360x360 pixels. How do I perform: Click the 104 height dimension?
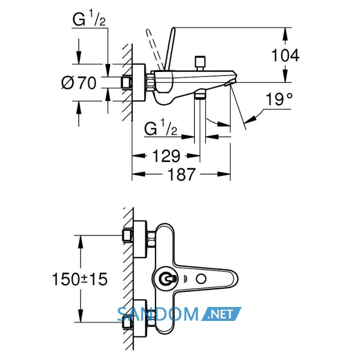pos(285,56)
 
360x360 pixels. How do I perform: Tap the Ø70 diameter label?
pos(79,83)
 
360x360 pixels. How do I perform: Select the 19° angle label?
pos(279,99)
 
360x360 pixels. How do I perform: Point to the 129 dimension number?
pos(166,156)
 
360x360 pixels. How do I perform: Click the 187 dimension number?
pos(182,174)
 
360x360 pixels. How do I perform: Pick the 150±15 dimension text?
pos(80,279)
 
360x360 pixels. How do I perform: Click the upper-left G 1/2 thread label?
pos(89,19)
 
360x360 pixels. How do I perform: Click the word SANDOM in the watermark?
pos(158,314)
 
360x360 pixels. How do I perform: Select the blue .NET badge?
pos(221,314)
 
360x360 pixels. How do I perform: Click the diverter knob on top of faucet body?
pos(200,63)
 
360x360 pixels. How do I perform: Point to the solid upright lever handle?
pos(170,49)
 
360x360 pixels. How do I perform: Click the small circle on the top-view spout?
pos(201,279)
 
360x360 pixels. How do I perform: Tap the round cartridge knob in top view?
pos(165,279)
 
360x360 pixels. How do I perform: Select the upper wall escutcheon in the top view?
pos(139,239)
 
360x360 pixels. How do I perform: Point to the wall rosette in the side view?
pos(139,82)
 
